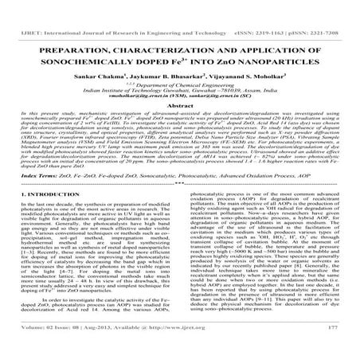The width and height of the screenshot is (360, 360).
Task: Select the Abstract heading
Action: tap(179, 97)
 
